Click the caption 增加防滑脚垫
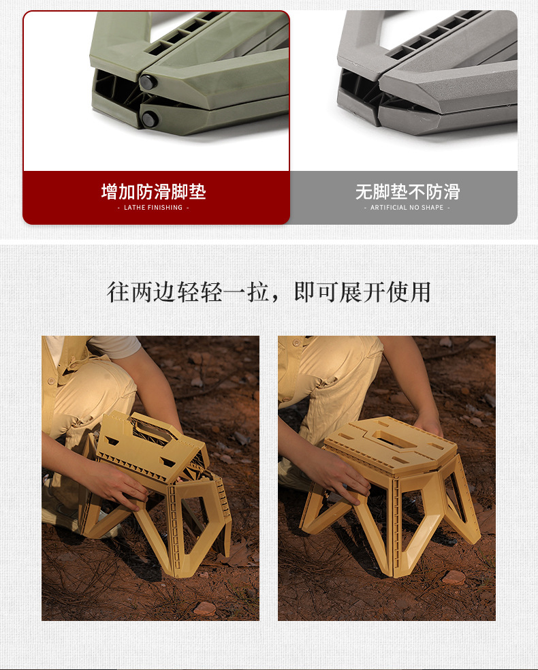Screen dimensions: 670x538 coord(153,192)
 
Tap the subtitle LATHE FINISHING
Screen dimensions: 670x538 coord(153,208)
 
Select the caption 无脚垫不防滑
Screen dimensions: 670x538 coord(407,192)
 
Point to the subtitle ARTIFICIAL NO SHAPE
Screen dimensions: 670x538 coord(407,208)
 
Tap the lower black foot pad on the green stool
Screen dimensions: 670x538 coord(149,120)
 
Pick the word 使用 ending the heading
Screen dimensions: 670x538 coord(411,291)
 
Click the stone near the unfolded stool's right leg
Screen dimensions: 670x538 coord(454,577)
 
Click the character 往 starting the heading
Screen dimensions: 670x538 coord(118,291)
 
